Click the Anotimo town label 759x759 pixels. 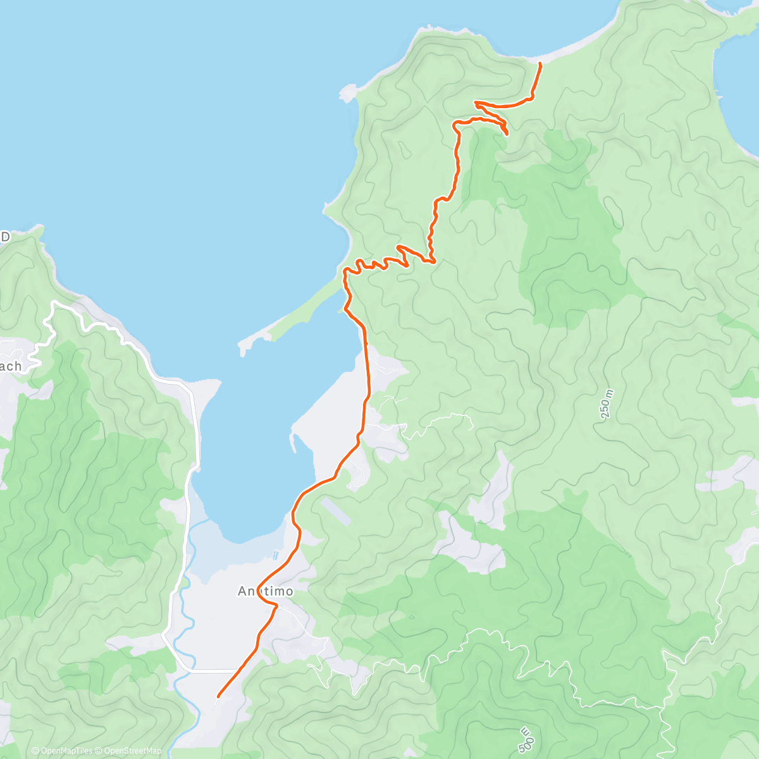pyautogui.click(x=266, y=591)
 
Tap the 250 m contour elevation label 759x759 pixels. pyautogui.click(x=607, y=405)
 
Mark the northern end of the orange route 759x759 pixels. pyautogui.click(x=540, y=64)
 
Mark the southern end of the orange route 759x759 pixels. pyautogui.click(x=218, y=696)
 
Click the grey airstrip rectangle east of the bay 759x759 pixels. pyautogui.click(x=336, y=511)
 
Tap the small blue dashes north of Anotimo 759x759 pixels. pyautogui.click(x=275, y=555)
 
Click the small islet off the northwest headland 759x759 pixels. pyautogui.click(x=347, y=93)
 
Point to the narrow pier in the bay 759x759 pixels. pyautogui.click(x=293, y=443)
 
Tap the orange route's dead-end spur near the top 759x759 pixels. pyautogui.click(x=506, y=132)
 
